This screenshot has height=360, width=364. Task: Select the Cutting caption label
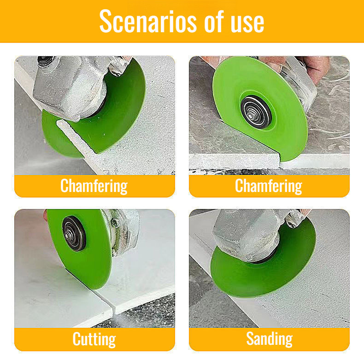coord(94,339)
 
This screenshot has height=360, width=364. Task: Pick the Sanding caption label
coord(269,339)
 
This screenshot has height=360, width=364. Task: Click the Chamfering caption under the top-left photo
coord(94,186)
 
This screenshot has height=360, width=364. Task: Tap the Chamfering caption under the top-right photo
coord(269,186)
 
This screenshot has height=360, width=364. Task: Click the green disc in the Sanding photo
coord(258,276)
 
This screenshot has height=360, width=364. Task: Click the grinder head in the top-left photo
coord(69,85)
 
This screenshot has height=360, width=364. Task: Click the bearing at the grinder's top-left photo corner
coord(46,61)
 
